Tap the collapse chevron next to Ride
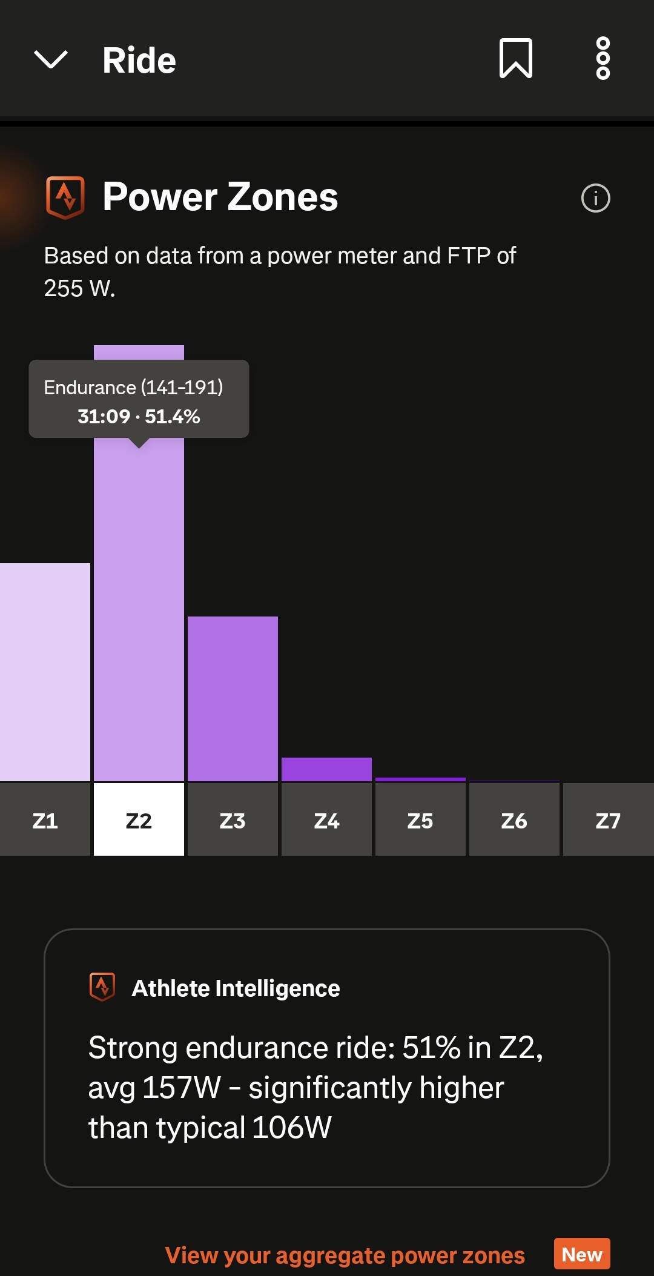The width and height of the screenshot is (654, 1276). pyautogui.click(x=51, y=60)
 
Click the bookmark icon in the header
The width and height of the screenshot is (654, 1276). pyautogui.click(x=515, y=58)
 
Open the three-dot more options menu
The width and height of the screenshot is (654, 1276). pyautogui.click(x=603, y=58)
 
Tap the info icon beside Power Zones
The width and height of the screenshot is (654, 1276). pyautogui.click(x=595, y=198)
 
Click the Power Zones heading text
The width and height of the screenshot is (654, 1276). pyautogui.click(x=220, y=197)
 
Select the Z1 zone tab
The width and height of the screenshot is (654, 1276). pyautogui.click(x=45, y=820)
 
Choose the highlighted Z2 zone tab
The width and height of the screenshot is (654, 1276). pyautogui.click(x=139, y=820)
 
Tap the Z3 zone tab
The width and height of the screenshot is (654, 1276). pyautogui.click(x=233, y=820)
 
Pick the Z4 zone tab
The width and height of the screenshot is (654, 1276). pyautogui.click(x=326, y=820)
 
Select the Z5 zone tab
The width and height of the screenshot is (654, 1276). pyautogui.click(x=420, y=820)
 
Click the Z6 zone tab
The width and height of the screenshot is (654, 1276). pyautogui.click(x=514, y=820)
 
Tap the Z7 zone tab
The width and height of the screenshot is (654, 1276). pyautogui.click(x=608, y=820)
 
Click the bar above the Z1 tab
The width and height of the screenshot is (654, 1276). pyautogui.click(x=45, y=672)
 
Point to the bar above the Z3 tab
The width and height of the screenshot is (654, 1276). pyautogui.click(x=233, y=699)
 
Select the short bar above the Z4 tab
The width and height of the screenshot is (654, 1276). pyautogui.click(x=326, y=769)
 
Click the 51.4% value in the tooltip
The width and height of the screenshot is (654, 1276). pyautogui.click(x=173, y=417)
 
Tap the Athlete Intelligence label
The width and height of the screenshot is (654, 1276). pyautogui.click(x=236, y=988)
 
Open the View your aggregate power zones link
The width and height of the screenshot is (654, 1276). pyautogui.click(x=345, y=1255)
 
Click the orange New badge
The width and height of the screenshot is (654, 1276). pyautogui.click(x=581, y=1254)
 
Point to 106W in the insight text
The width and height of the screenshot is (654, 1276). pyautogui.click(x=292, y=1128)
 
